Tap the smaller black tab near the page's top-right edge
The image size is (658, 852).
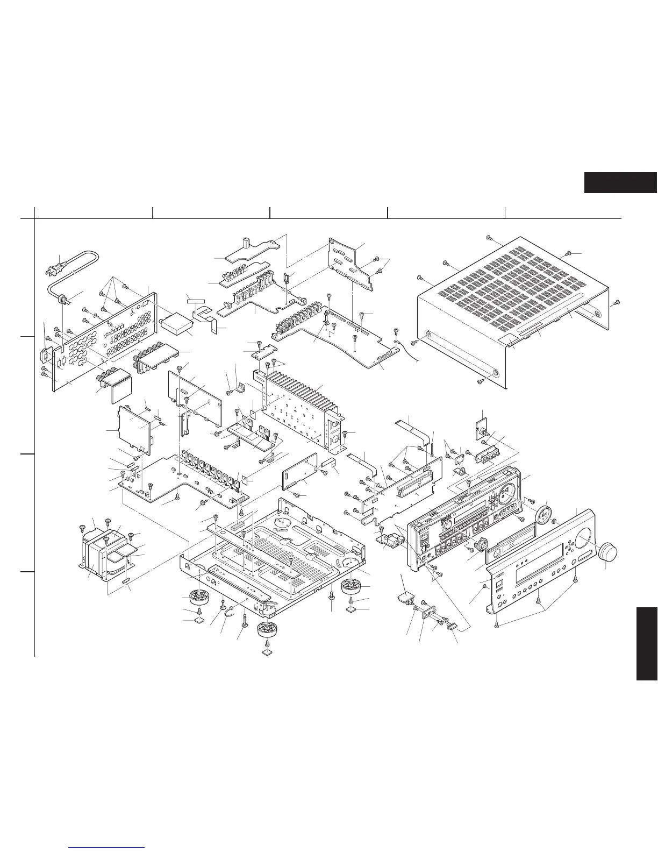[x=620, y=182]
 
